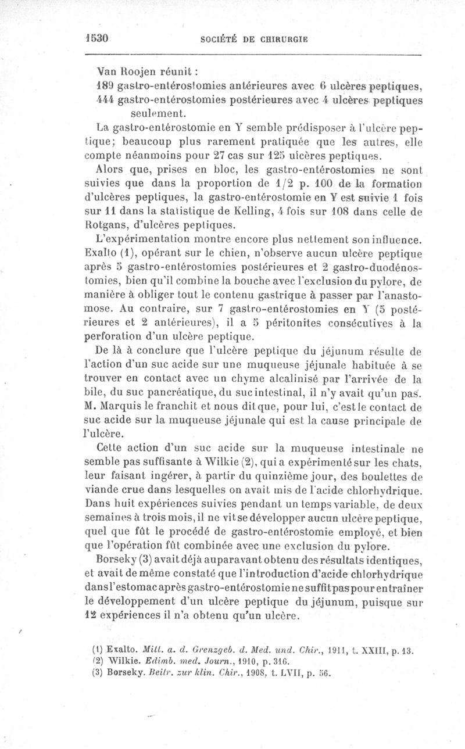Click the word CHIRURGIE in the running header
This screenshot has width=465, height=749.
click(x=282, y=40)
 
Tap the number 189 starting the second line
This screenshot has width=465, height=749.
click(x=105, y=87)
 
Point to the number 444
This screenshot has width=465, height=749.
click(x=105, y=100)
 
